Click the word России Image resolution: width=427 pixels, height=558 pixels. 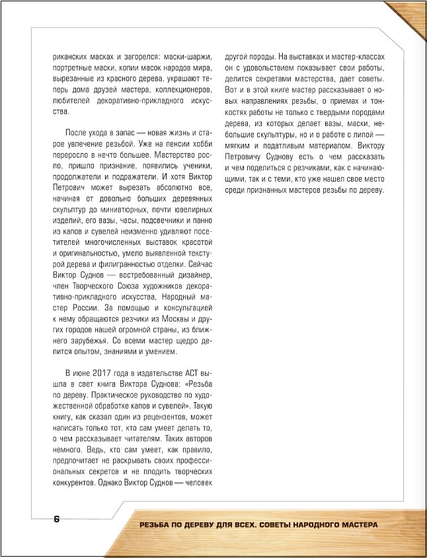point(83,308)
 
